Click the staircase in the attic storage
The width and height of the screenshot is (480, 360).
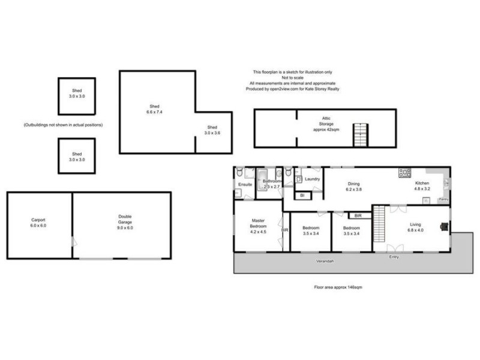(360, 135)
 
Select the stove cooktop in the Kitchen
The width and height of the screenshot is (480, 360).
(404, 173)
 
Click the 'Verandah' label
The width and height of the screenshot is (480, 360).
(325, 262)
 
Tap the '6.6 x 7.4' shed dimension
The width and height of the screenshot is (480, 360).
(154, 112)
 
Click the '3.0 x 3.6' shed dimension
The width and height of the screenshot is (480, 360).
(212, 133)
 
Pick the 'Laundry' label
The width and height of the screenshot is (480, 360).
(311, 179)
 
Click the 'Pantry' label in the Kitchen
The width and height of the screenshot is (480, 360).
(443, 199)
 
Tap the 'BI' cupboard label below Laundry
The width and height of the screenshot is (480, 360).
(302, 196)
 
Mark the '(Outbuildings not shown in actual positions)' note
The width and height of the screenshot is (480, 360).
(63, 125)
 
